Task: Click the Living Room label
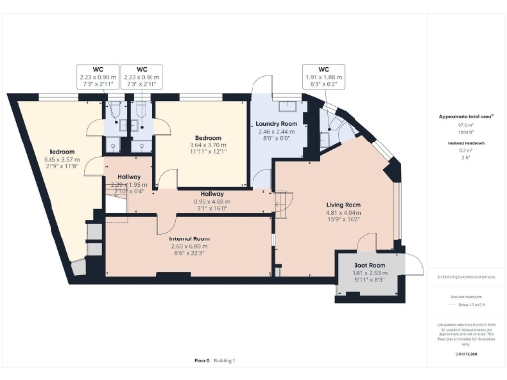point(344,206)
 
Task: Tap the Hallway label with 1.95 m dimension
point(129,177)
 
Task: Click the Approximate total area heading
point(465,116)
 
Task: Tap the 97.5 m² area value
point(465,125)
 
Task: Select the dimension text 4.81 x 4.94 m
point(344,213)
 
